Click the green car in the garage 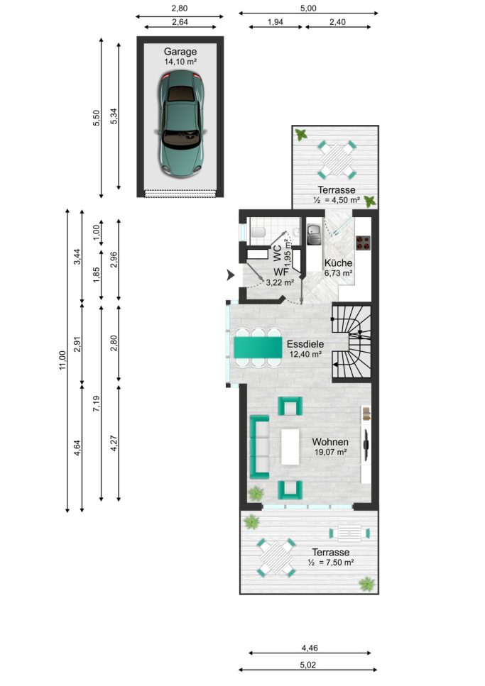point(181,125)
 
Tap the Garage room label point(180,52)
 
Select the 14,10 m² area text point(180,62)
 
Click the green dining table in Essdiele point(258,347)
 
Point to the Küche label point(338,263)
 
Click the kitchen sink point(314,234)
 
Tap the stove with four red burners point(363,243)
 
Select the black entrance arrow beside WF point(230,275)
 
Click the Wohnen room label point(330,442)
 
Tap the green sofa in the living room point(259,447)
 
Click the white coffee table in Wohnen point(290,447)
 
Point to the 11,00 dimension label point(62,360)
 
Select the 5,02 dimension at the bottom point(308,665)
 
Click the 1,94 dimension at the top point(275,22)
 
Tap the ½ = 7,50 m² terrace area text point(331,563)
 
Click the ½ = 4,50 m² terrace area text point(337,200)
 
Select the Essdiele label point(305,344)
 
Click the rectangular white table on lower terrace point(349,533)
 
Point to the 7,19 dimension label point(97,404)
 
